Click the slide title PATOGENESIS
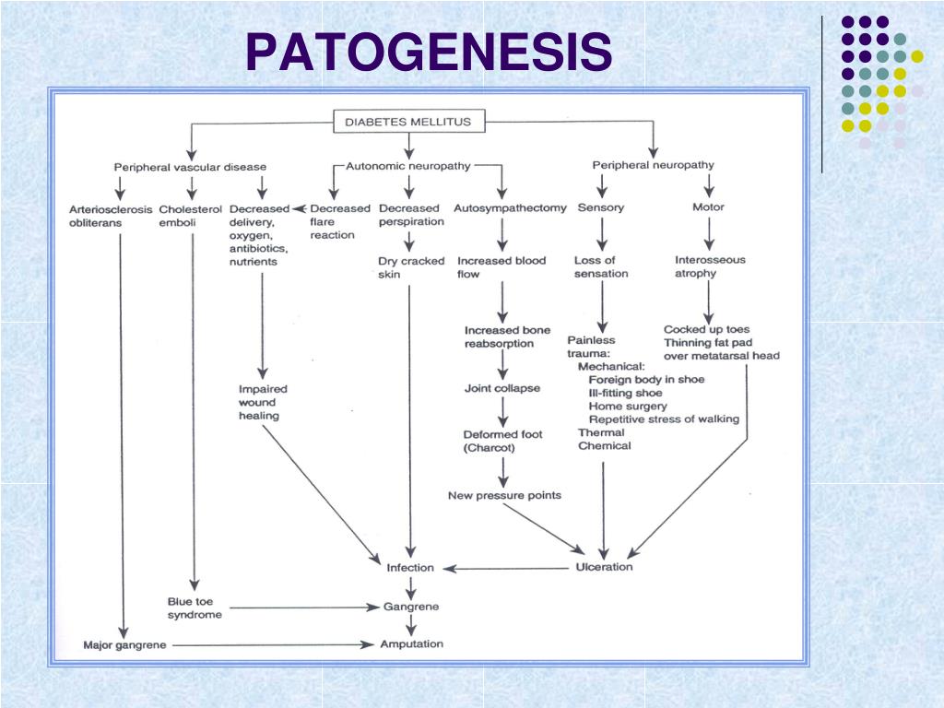tap(429, 52)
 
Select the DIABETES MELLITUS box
tap(408, 122)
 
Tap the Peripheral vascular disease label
tap(190, 167)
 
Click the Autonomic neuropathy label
tap(408, 166)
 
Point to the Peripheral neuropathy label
tap(654, 165)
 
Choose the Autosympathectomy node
tap(510, 207)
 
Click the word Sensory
tap(601, 207)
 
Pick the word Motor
tap(708, 206)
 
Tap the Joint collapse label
tap(502, 388)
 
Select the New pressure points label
tap(504, 495)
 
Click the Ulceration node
tap(604, 567)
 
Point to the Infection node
tap(410, 568)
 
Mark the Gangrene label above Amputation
tap(411, 607)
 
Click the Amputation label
tap(412, 644)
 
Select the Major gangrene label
tap(124, 644)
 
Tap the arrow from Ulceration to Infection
tap(506, 568)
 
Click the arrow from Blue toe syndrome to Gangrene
tap(304, 608)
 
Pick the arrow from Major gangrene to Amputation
tap(273, 644)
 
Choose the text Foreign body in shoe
tap(646, 380)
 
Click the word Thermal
tap(601, 432)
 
